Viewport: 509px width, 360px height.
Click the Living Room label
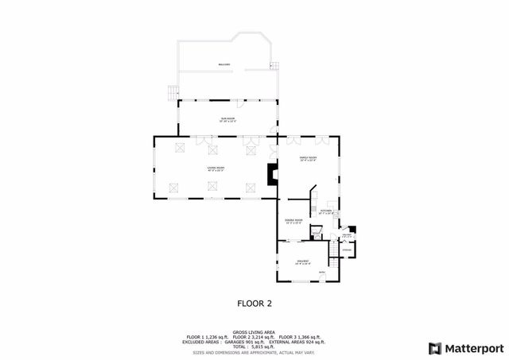(216, 168)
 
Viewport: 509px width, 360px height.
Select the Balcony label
(225, 64)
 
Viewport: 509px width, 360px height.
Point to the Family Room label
(308, 159)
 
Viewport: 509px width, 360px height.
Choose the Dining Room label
(294, 221)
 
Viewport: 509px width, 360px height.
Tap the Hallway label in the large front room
(303, 262)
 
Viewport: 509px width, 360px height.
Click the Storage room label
(347, 250)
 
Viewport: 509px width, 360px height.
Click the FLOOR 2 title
(254, 303)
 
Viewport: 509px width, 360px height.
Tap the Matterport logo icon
(433, 348)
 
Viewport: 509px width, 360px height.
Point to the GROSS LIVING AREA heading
(254, 331)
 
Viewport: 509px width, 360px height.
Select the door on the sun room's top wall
(239, 103)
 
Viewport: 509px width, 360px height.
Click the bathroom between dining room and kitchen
(316, 233)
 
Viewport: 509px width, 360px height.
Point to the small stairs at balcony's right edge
(276, 65)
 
